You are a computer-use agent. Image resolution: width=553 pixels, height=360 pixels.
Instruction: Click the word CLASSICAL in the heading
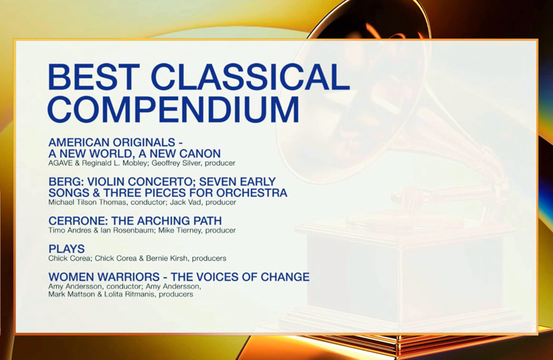tap(250, 77)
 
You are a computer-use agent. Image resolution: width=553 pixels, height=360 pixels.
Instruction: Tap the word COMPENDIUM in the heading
tap(174, 109)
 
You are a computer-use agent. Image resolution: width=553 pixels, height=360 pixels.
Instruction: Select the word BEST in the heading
tap(93, 77)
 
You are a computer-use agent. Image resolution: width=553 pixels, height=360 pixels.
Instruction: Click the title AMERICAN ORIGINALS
tap(112, 142)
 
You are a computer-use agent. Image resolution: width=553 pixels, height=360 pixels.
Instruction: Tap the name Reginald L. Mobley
tap(118, 163)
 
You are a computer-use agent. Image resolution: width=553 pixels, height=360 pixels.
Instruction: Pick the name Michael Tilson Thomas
tap(87, 202)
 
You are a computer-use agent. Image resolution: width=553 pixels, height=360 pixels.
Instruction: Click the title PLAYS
tap(66, 249)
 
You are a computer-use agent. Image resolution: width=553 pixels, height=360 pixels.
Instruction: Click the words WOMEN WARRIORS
tap(104, 277)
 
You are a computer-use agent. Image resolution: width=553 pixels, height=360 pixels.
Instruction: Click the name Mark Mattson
tap(72, 294)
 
